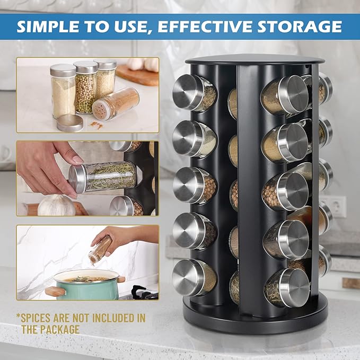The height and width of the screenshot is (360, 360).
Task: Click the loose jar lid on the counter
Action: pyautogui.click(x=69, y=122)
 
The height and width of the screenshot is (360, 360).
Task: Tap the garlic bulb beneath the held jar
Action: pyautogui.click(x=56, y=206)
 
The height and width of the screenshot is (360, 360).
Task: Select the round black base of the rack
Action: pyautogui.click(x=254, y=321)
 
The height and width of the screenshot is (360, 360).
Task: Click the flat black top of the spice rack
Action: pyautogui.click(x=254, y=59)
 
